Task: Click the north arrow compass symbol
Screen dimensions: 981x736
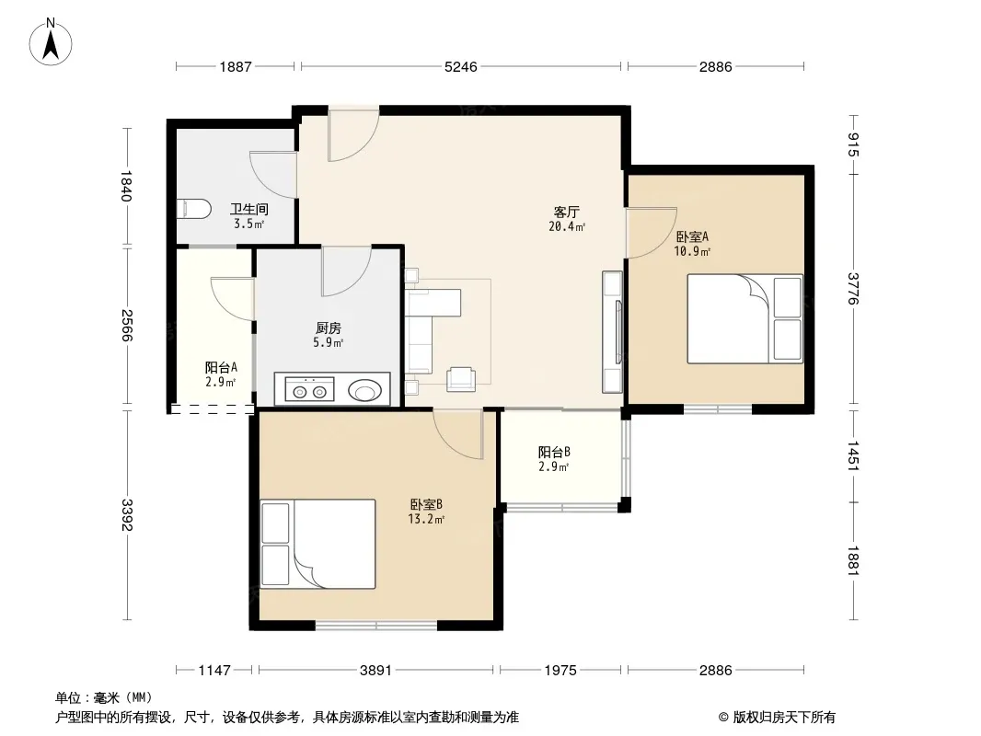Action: [x=51, y=41]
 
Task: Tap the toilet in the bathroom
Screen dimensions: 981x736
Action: [x=193, y=209]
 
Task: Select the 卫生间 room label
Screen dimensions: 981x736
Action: [x=249, y=209]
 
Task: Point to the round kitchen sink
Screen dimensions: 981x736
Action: [x=364, y=390]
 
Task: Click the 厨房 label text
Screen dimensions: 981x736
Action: [x=329, y=328]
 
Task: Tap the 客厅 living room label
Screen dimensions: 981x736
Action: [x=566, y=212]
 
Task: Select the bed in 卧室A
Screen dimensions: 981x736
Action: [x=744, y=319]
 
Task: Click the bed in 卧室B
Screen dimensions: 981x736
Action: [x=317, y=544]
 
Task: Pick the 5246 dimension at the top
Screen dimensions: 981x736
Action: [x=460, y=66]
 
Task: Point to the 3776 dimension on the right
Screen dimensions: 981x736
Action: [x=853, y=288]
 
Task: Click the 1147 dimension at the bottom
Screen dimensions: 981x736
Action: [x=214, y=671]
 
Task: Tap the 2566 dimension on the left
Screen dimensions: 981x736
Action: [x=127, y=325]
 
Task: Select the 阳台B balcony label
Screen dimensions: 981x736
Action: [x=554, y=452]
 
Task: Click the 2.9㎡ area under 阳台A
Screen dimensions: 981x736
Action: [x=220, y=382]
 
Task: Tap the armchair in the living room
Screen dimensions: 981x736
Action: [x=461, y=379]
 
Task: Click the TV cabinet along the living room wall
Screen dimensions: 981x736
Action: [x=613, y=332]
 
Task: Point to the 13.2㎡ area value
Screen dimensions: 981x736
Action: [x=426, y=519]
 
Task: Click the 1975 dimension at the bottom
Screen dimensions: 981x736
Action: [x=560, y=671]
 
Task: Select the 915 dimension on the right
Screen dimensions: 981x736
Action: [x=853, y=145]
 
